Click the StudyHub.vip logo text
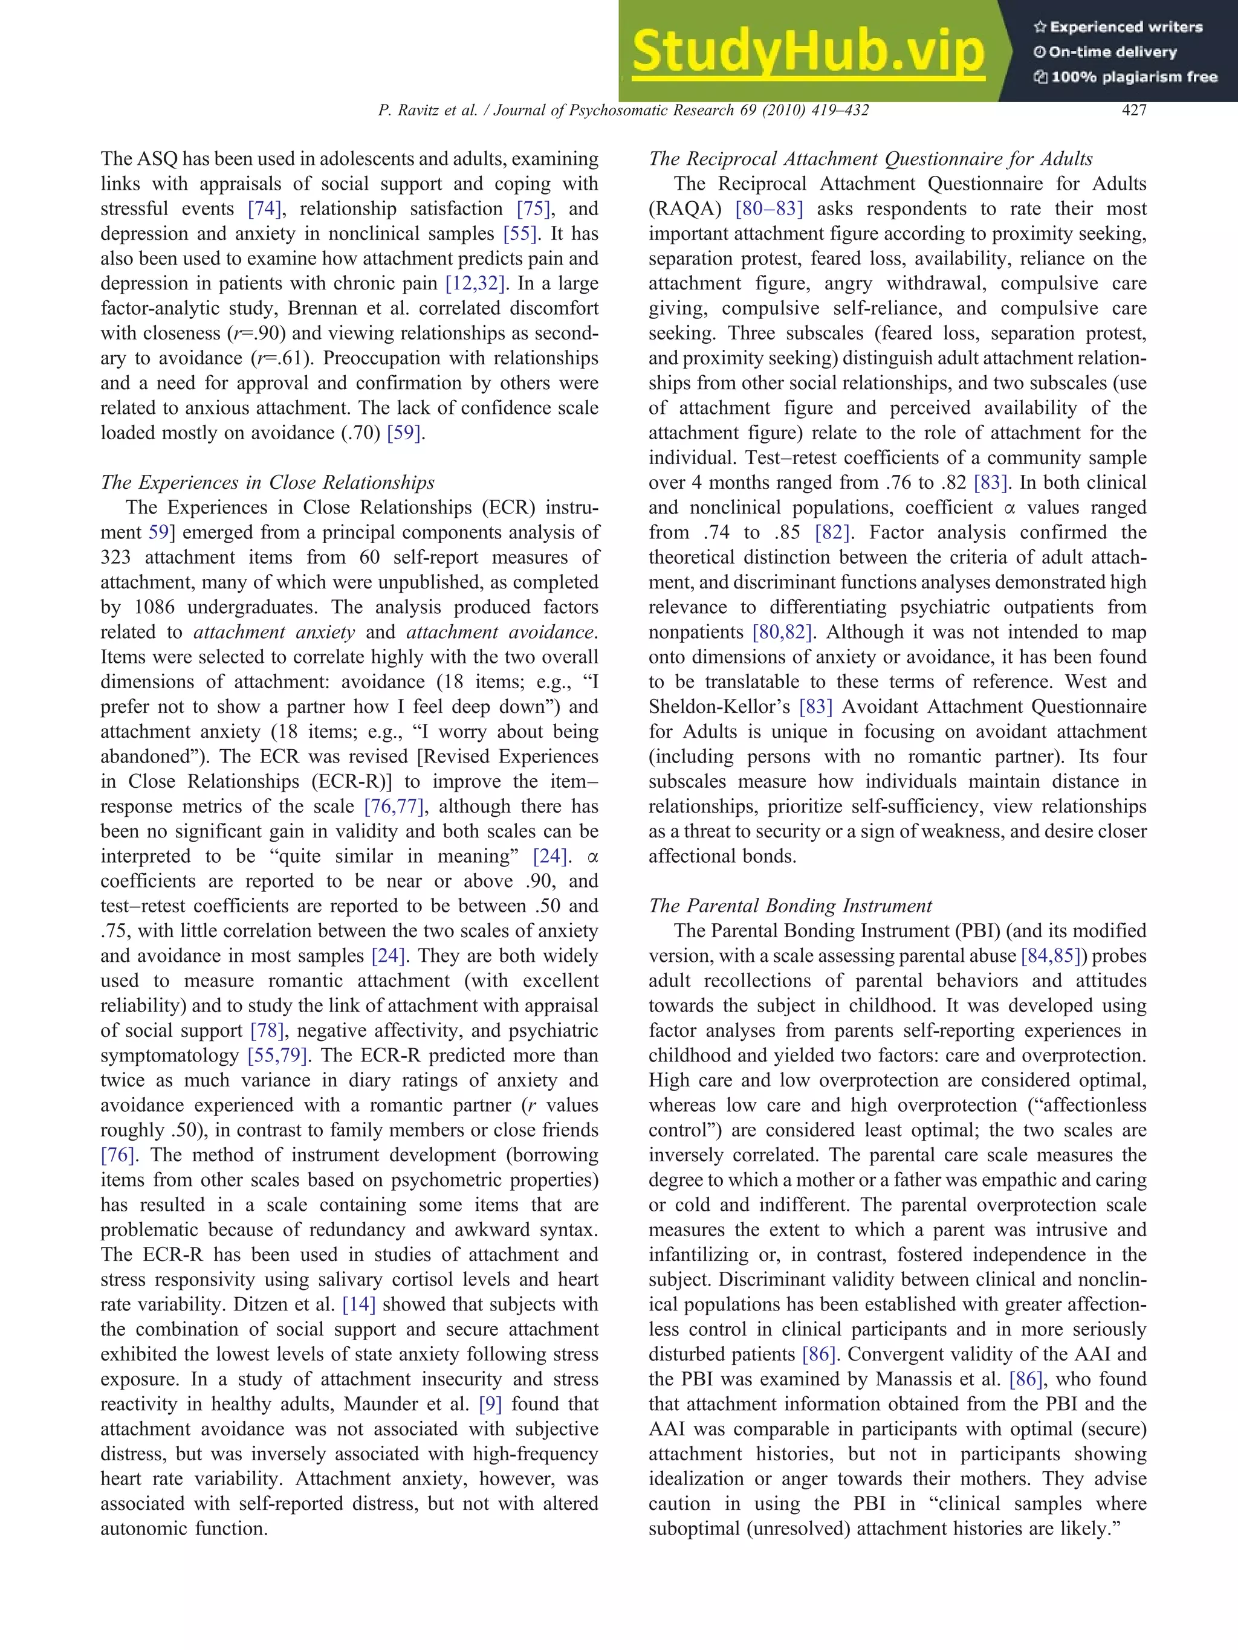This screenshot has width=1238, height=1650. pyautogui.click(x=808, y=52)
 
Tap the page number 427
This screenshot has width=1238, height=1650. pyautogui.click(x=1133, y=111)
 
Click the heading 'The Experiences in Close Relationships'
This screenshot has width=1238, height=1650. pyautogui.click(x=267, y=483)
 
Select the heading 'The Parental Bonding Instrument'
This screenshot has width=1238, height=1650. pyautogui.click(x=790, y=906)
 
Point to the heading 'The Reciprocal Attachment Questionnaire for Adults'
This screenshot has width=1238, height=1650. pyautogui.click(x=870, y=159)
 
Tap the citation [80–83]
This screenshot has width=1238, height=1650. pyautogui.click(x=769, y=209)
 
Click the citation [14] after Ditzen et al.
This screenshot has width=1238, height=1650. pyautogui.click(x=358, y=1304)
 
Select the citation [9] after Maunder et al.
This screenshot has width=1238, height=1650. pyautogui.click(x=490, y=1404)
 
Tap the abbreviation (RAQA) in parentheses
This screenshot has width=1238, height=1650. pyautogui.click(x=684, y=209)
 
